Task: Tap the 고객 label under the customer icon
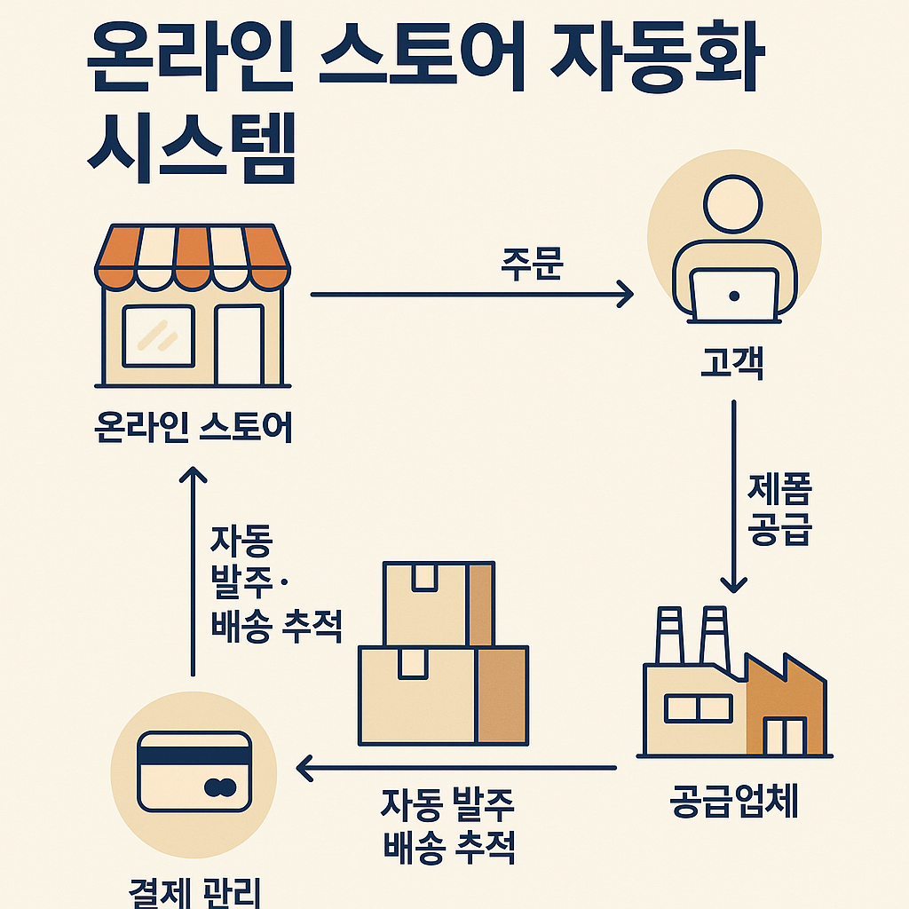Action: [x=734, y=364]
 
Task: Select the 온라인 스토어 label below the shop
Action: [x=193, y=430]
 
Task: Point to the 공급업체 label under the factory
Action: [x=734, y=802]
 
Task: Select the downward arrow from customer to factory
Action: [x=734, y=497]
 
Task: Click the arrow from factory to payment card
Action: [x=456, y=767]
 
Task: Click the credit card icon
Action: [x=194, y=770]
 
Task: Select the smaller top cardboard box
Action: [x=439, y=602]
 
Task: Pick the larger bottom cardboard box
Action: [x=443, y=694]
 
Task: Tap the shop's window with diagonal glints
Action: [x=158, y=336]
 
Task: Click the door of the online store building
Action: [x=239, y=344]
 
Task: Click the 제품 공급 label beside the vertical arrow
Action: [x=780, y=510]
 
